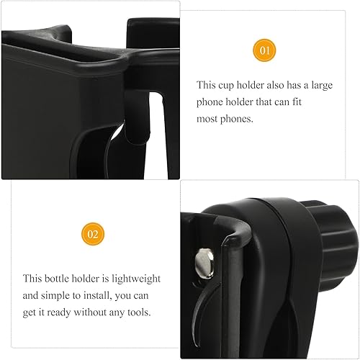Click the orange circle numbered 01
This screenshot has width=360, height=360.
pyautogui.click(x=264, y=50)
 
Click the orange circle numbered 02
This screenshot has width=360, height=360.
pyautogui.click(x=94, y=233)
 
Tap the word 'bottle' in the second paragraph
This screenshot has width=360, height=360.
pyautogui.click(x=60, y=279)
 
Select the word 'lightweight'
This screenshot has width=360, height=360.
pyautogui.click(x=135, y=279)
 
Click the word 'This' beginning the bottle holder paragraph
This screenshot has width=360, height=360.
pyautogui.click(x=32, y=279)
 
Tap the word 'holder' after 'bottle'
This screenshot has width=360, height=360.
pyautogui.click(x=93, y=279)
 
